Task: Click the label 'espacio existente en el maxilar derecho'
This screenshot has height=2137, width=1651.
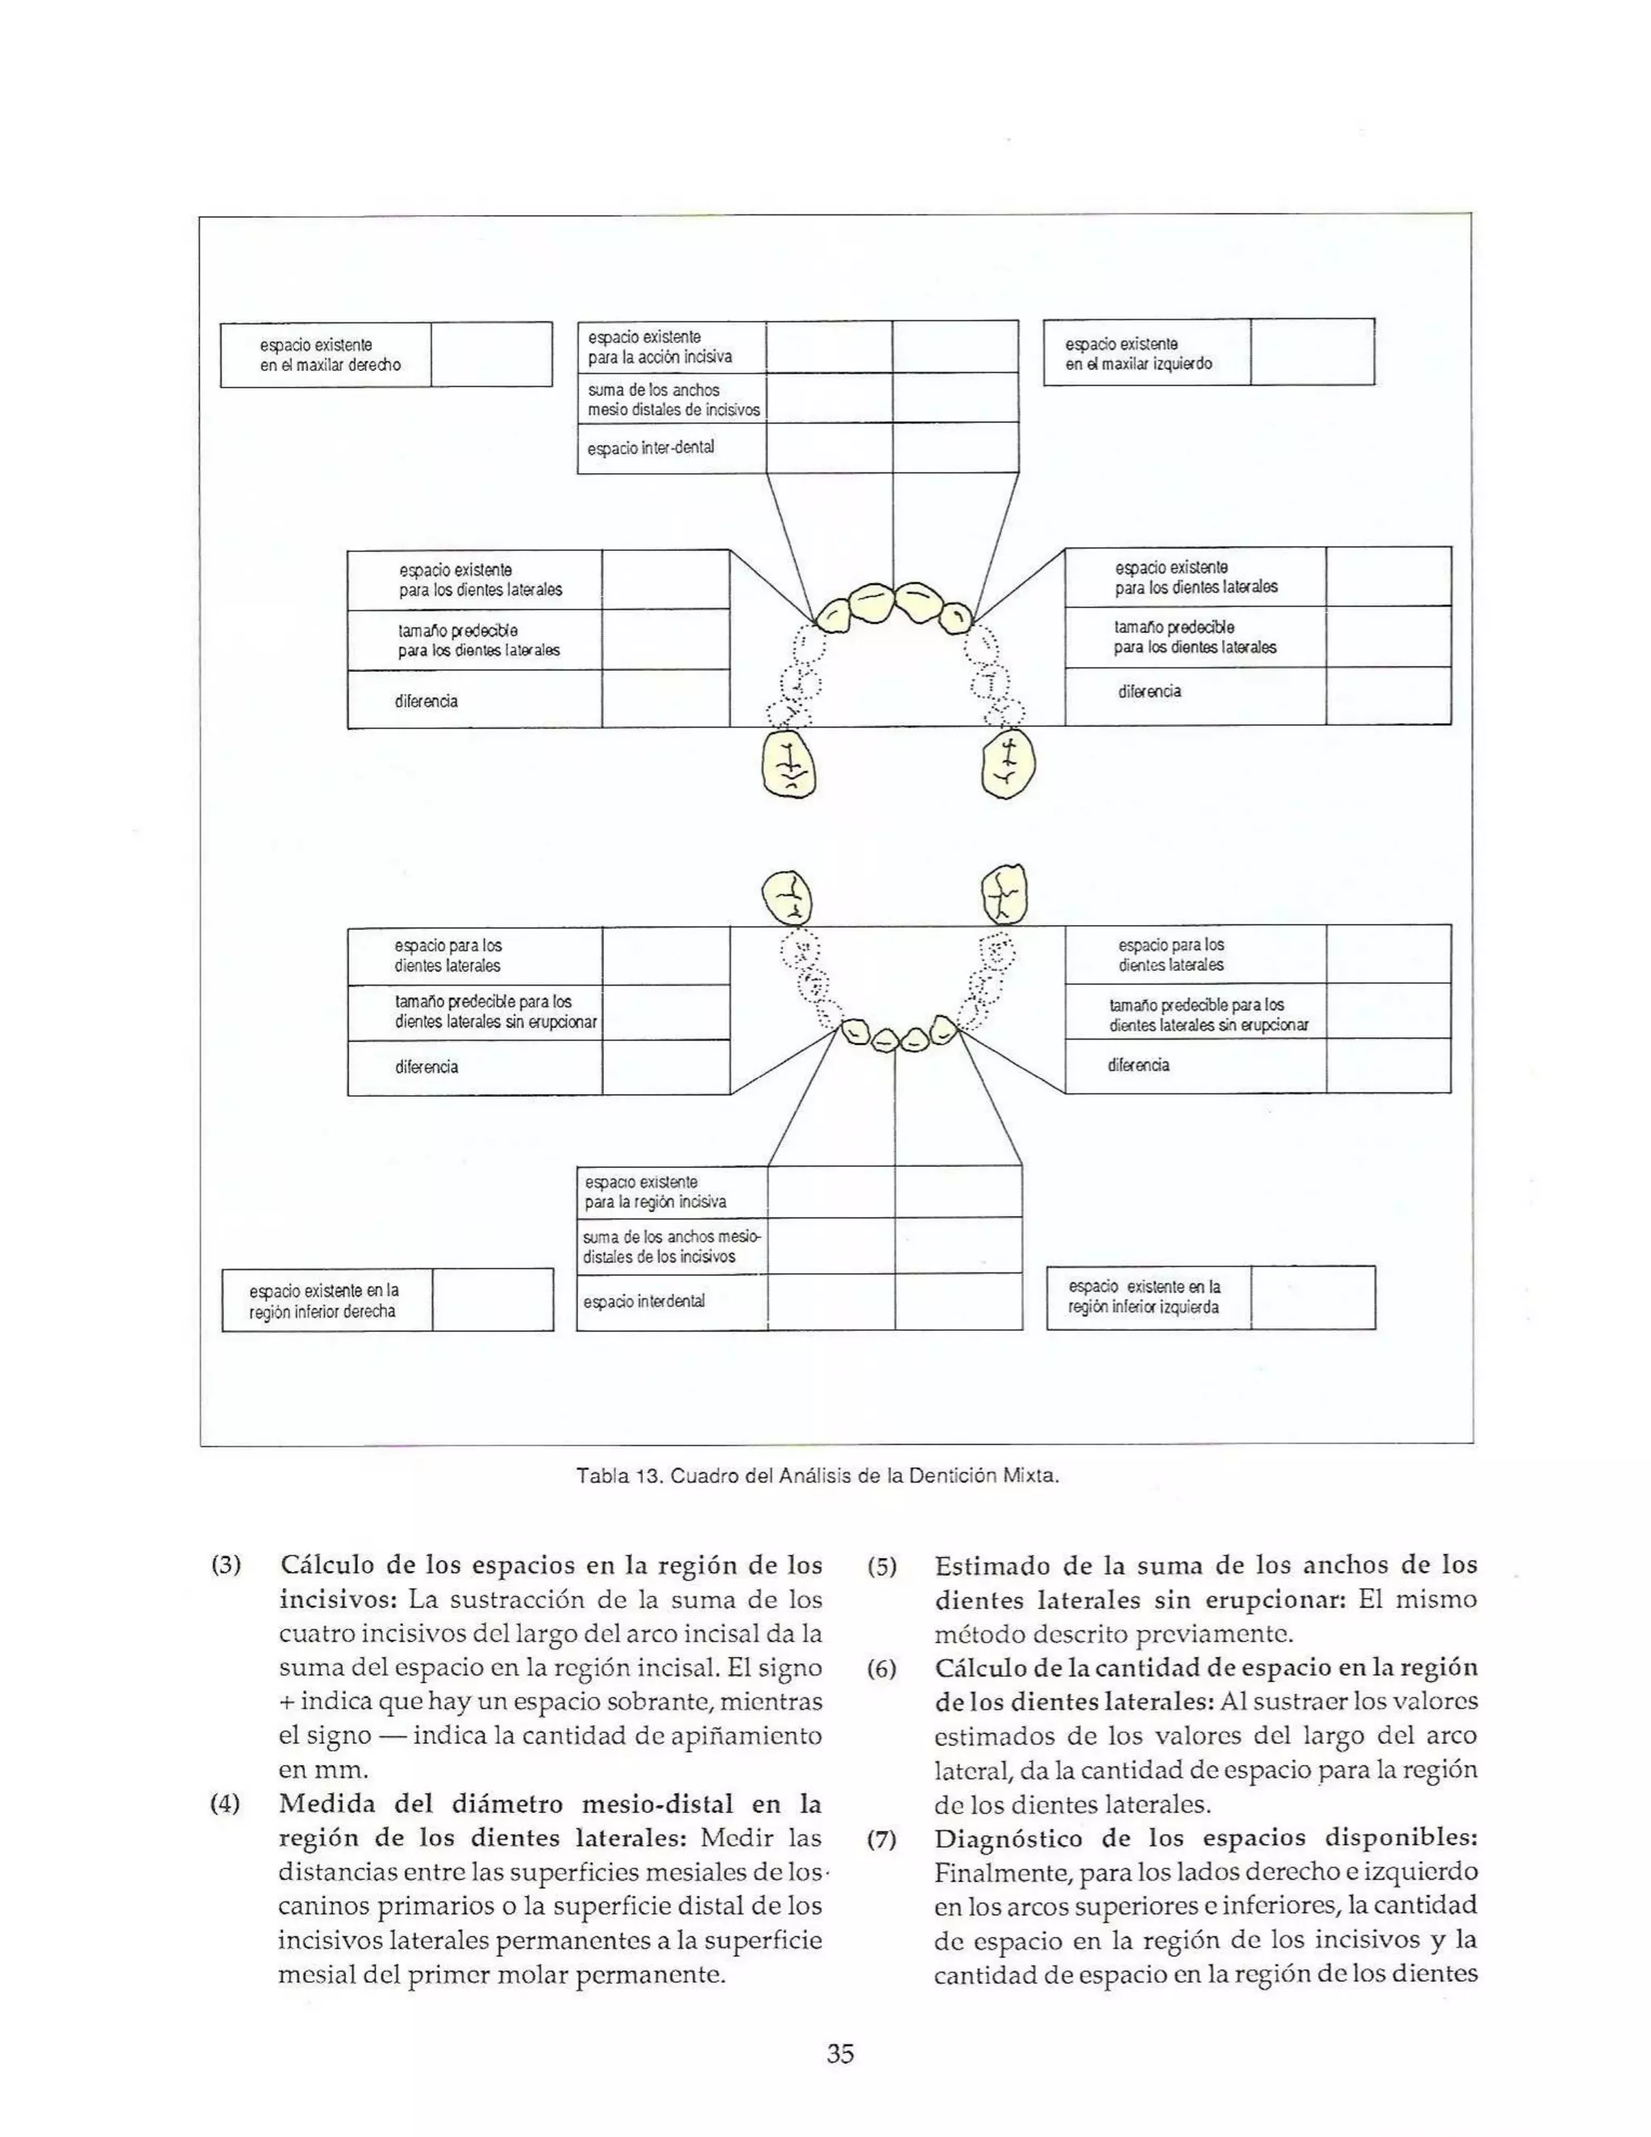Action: (330, 355)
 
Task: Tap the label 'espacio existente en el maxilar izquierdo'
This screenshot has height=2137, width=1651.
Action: (1138, 354)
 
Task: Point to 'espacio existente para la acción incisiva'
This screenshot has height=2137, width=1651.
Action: (659, 348)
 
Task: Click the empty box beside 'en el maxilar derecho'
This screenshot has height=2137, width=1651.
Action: (491, 355)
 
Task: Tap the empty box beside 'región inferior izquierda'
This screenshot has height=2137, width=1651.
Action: (1312, 1298)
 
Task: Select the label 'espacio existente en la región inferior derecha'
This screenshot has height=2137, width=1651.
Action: (322, 1302)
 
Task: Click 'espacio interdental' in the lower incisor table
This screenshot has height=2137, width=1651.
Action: (643, 1302)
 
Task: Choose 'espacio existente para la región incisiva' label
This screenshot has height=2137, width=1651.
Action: (655, 1192)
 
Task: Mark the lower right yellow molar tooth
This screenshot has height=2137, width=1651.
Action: (1004, 894)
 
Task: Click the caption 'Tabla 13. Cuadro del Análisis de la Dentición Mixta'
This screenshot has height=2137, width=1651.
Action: (817, 1476)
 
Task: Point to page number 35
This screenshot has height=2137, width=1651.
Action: (840, 2054)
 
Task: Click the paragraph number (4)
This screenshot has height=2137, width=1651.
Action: (226, 1803)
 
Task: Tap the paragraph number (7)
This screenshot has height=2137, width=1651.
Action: (881, 1839)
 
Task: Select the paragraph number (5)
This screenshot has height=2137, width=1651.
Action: (881, 1567)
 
